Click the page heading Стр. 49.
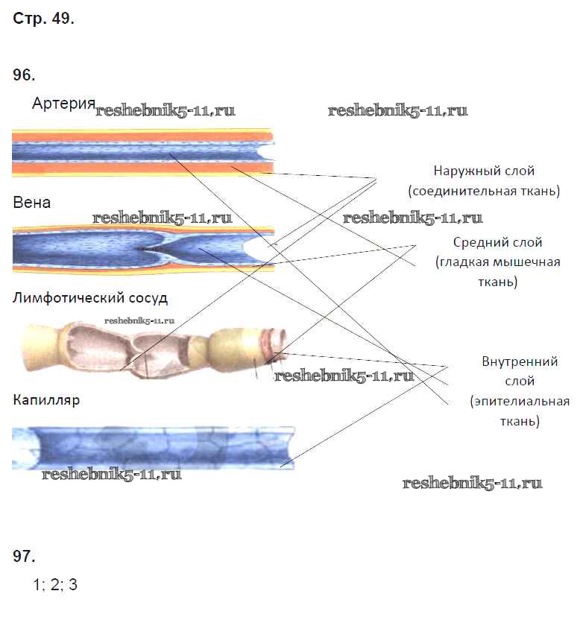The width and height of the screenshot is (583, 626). pyautogui.click(x=43, y=19)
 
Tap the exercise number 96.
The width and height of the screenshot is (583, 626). pyautogui.click(x=25, y=75)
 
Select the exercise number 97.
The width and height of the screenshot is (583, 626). pyautogui.click(x=25, y=557)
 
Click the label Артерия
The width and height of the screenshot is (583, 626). pyautogui.click(x=63, y=104)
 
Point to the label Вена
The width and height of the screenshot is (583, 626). pyautogui.click(x=32, y=203)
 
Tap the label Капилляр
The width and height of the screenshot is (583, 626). pyautogui.click(x=46, y=400)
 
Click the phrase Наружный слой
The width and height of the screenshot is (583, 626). pyautogui.click(x=484, y=171)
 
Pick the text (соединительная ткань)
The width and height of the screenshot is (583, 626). pyautogui.click(x=484, y=192)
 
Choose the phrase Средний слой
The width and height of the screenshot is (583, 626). pyautogui.click(x=497, y=243)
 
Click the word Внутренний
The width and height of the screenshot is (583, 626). pyautogui.click(x=520, y=362)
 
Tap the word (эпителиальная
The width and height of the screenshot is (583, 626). pyautogui.click(x=520, y=402)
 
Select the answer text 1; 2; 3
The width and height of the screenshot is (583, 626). pyautogui.click(x=55, y=585)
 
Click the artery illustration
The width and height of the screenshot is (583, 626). pyautogui.click(x=142, y=153)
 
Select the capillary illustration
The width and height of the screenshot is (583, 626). pyautogui.click(x=153, y=447)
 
